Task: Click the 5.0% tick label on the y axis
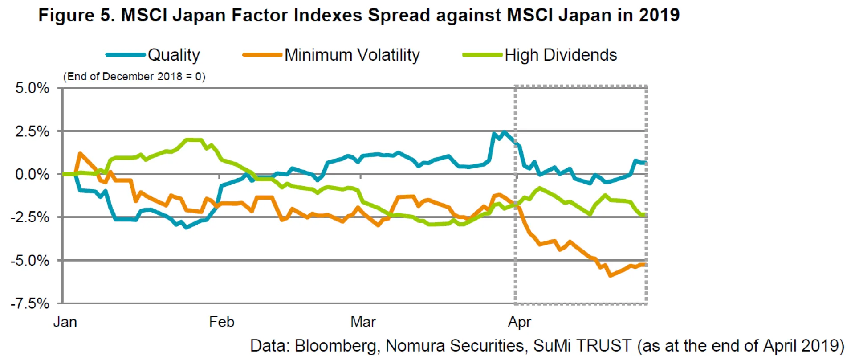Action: point(32,88)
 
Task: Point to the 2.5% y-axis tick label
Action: point(32,131)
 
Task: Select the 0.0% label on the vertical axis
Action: point(32,174)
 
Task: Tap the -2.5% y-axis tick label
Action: point(30,217)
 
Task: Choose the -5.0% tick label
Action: point(30,260)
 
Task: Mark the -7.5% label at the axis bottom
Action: point(30,303)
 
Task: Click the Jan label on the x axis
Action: point(65,322)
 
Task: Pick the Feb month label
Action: point(221,322)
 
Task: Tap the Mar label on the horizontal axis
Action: point(363,322)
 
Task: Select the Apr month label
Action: point(519,322)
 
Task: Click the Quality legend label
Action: point(174,55)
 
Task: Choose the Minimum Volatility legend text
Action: point(352,55)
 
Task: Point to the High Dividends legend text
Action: point(561,55)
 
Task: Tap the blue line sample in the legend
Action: point(126,55)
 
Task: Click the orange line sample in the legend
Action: point(262,55)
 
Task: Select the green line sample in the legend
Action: point(482,55)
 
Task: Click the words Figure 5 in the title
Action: point(77,15)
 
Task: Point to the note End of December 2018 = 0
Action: point(134,77)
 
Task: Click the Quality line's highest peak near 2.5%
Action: point(504,132)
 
